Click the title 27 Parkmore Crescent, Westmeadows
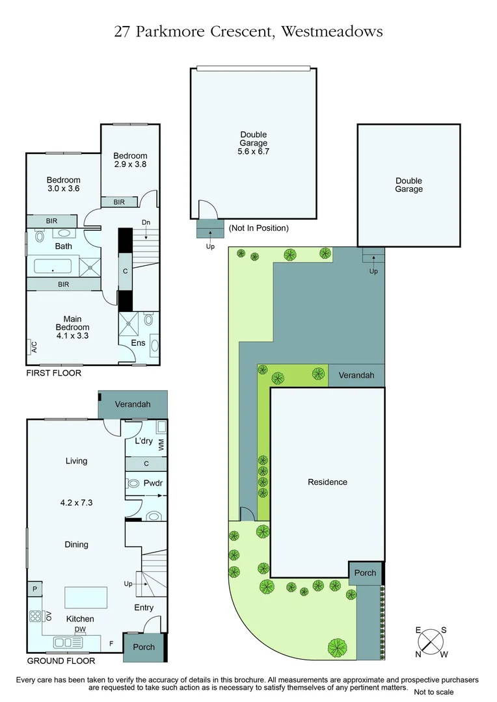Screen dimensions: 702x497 [248, 31]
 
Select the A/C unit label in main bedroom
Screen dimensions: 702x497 [34, 348]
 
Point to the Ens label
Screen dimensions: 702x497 [138, 343]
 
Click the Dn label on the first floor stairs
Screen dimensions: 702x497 [146, 223]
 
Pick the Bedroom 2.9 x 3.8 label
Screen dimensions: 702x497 [130, 160]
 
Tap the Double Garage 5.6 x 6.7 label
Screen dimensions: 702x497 [254, 143]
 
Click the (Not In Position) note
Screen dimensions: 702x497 [258, 228]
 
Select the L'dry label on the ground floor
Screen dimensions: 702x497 [143, 441]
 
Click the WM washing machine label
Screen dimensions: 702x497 [161, 445]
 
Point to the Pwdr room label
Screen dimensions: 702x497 [152, 484]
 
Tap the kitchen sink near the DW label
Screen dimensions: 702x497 [70, 643]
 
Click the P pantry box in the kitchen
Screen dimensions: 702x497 [34, 589]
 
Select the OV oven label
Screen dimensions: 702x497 [48, 615]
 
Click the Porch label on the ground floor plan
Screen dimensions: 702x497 [144, 647]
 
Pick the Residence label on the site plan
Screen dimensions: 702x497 [327, 482]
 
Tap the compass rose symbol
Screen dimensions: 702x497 [431, 642]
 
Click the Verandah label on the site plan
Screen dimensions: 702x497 [356, 376]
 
